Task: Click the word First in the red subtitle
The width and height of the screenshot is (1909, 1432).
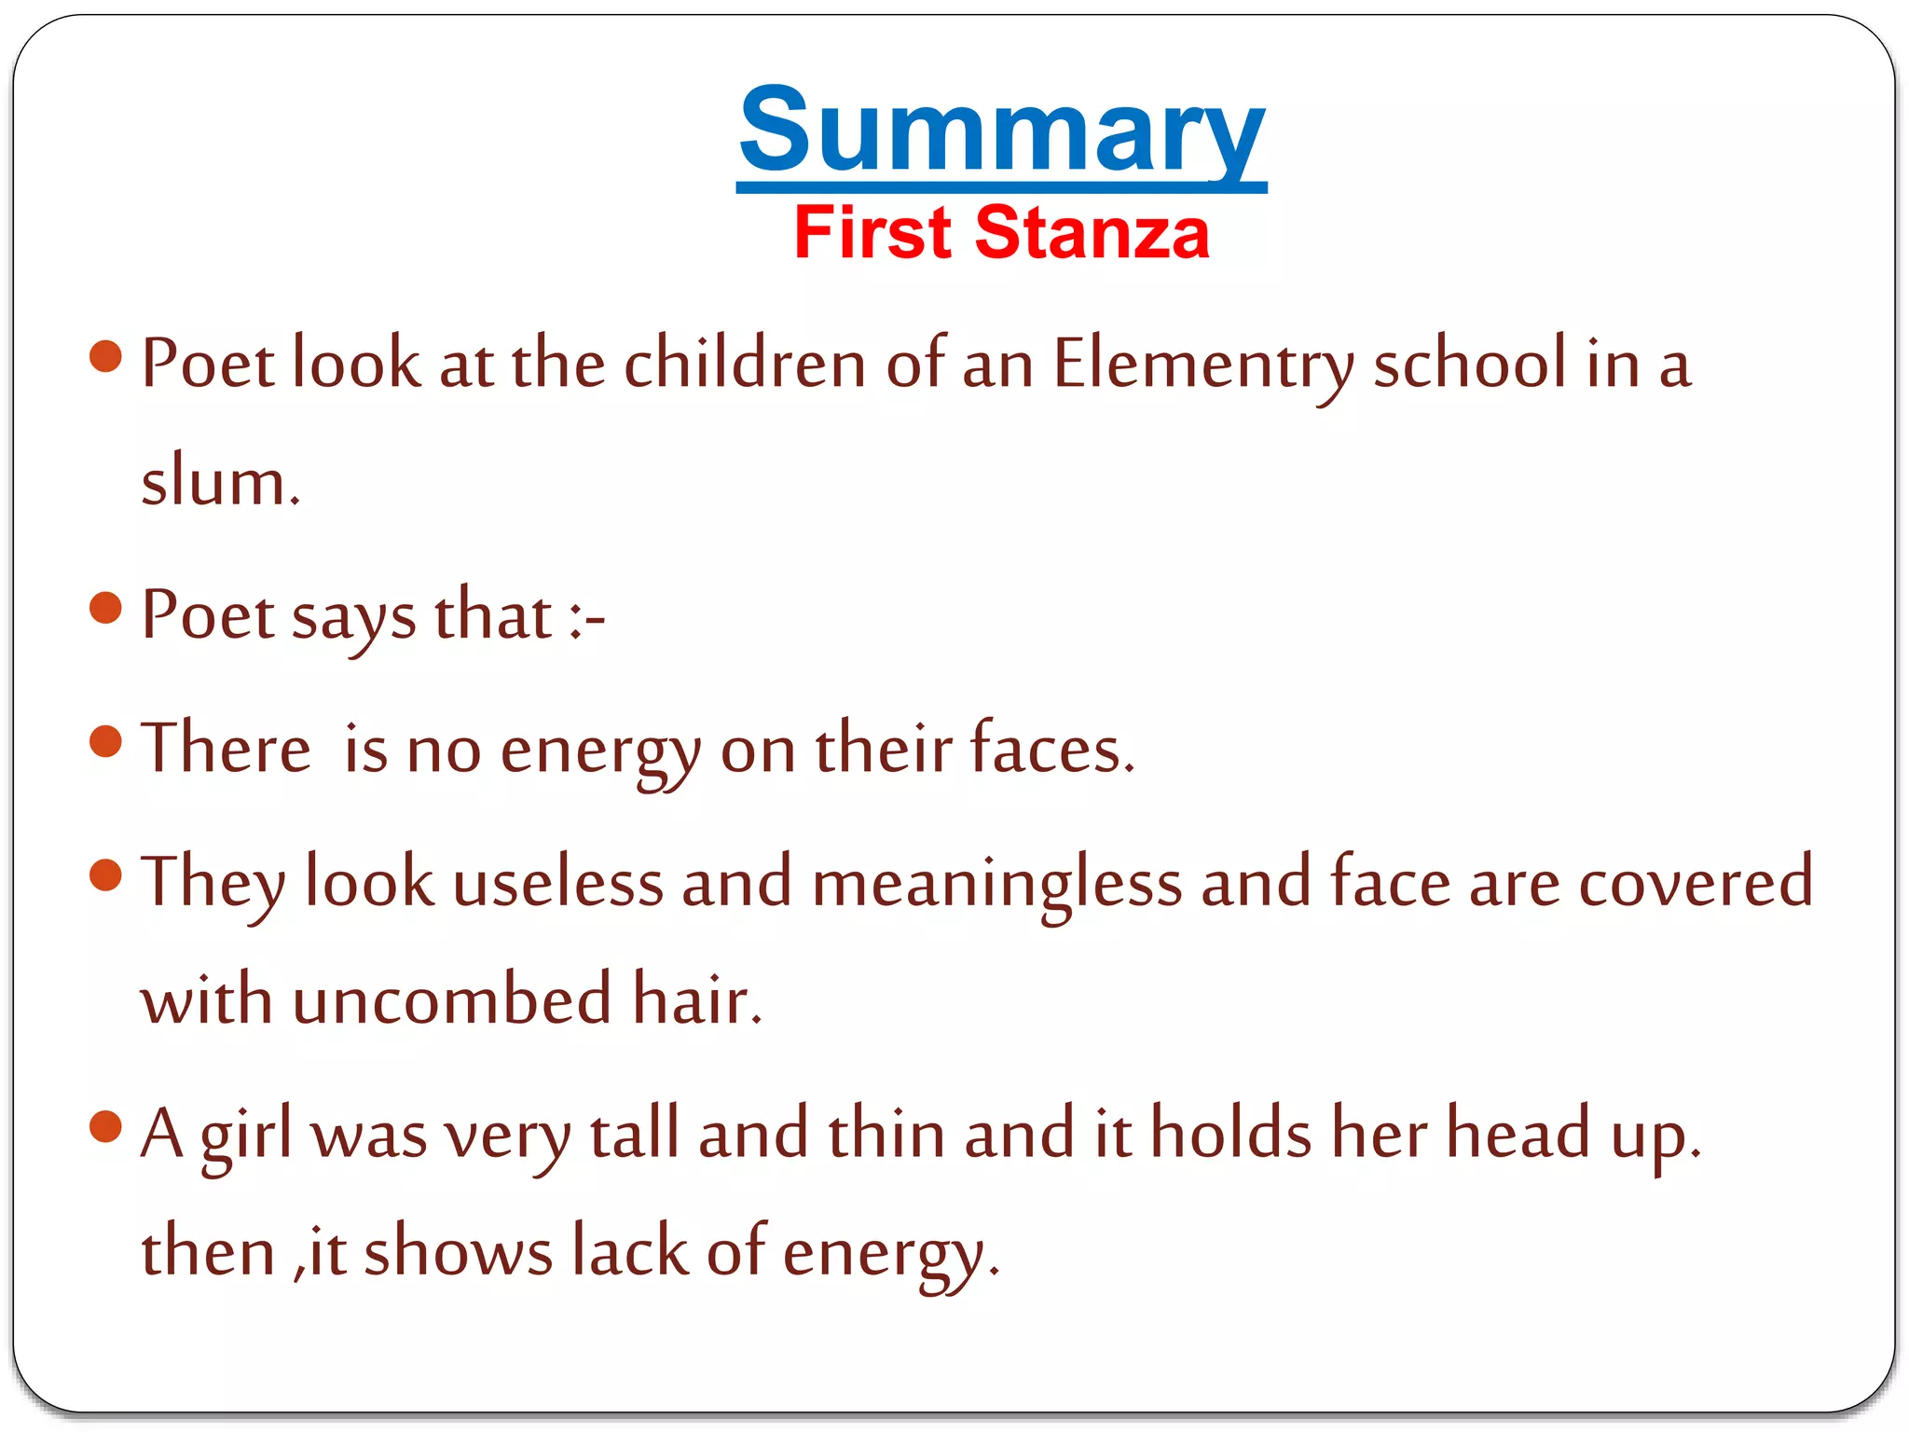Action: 872,233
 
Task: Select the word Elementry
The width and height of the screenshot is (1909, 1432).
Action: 1203,364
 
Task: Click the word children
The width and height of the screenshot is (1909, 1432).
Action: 745,364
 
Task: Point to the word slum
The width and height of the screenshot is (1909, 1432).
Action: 220,483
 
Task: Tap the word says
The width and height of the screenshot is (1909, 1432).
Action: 353,617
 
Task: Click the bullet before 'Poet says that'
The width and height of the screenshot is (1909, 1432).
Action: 106,609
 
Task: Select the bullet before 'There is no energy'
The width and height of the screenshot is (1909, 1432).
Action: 106,742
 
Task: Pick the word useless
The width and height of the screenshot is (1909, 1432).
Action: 557,882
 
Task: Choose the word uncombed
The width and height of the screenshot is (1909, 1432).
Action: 452,999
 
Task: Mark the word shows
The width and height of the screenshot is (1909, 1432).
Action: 458,1251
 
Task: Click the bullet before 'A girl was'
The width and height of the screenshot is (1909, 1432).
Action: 106,1126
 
